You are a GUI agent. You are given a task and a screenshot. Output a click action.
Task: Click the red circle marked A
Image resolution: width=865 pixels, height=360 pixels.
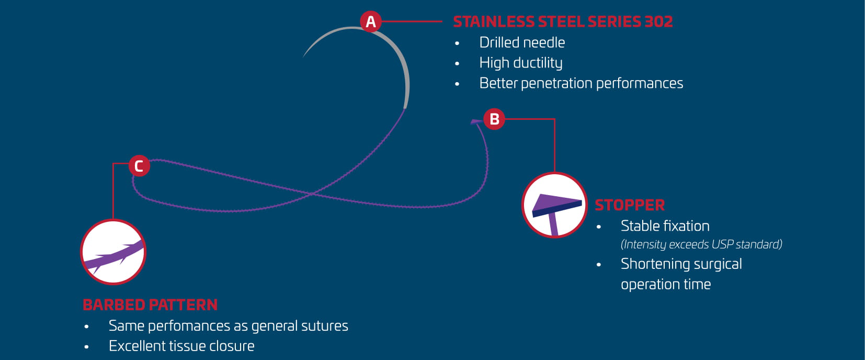click(371, 21)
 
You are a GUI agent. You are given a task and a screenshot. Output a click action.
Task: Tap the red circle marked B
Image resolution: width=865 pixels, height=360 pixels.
click(494, 119)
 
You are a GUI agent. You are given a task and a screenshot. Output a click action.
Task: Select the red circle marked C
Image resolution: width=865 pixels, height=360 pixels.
click(139, 166)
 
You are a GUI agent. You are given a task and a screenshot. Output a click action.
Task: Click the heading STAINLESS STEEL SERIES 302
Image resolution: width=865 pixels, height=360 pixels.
click(563, 21)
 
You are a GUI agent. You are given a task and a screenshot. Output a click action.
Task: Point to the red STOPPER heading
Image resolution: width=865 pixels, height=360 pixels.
click(630, 205)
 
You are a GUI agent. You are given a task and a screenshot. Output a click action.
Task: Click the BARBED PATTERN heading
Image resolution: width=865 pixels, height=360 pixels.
click(150, 305)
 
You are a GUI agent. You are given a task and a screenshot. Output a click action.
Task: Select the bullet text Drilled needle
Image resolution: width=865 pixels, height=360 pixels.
click(522, 42)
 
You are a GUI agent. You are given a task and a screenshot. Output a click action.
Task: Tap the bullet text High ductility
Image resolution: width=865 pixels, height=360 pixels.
click(521, 63)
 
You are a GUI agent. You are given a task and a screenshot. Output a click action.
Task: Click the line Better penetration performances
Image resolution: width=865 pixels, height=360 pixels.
click(581, 83)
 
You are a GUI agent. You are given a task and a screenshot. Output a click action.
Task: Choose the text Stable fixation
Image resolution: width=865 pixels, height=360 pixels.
click(665, 226)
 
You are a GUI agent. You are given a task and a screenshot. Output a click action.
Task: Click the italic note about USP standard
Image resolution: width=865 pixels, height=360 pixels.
click(702, 244)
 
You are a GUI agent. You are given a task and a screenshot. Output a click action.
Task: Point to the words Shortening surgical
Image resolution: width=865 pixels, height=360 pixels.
click(681, 264)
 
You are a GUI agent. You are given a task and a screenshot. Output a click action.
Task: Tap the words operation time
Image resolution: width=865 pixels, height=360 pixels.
click(666, 285)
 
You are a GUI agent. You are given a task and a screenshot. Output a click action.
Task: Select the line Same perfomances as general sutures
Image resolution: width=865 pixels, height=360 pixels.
click(228, 326)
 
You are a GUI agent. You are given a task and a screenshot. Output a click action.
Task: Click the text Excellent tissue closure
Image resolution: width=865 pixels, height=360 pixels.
click(181, 346)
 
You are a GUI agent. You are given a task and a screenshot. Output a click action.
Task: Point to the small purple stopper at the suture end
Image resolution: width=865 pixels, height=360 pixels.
click(476, 122)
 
